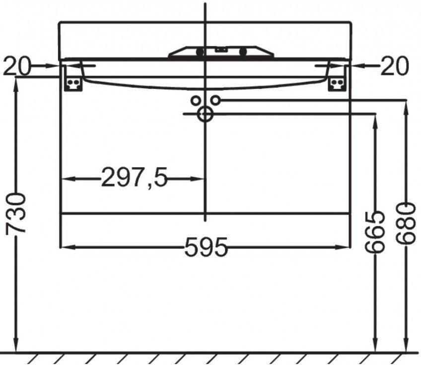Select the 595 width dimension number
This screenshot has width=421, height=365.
click(x=206, y=247)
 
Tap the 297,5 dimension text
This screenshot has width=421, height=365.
click(x=134, y=177)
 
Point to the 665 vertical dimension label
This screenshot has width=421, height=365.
click(x=374, y=232)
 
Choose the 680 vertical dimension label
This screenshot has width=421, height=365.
click(x=406, y=225)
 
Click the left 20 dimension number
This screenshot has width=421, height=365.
click(x=17, y=66)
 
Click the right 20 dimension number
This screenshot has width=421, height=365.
click(x=394, y=66)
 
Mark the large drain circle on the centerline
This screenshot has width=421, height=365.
click(x=205, y=115)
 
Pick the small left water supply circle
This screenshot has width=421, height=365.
click(x=196, y=101)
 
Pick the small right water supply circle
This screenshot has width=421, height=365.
click(x=215, y=100)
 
